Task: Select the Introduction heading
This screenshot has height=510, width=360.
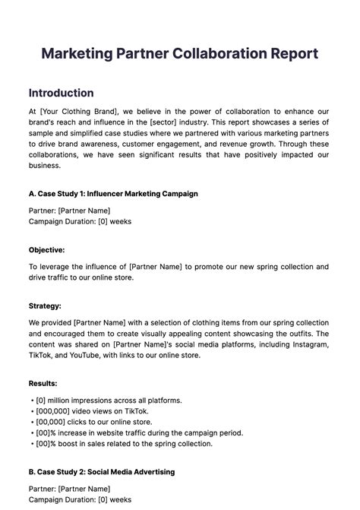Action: coord(61,93)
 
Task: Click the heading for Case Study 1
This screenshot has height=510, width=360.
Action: coord(113,194)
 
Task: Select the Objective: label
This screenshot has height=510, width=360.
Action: coord(46,249)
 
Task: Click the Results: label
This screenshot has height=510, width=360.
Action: coord(43,383)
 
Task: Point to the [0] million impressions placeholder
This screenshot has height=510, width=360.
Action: coord(43,400)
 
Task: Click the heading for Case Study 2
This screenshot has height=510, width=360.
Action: coord(102,471)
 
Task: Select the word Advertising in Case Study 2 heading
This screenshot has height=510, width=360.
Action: coord(152,471)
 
